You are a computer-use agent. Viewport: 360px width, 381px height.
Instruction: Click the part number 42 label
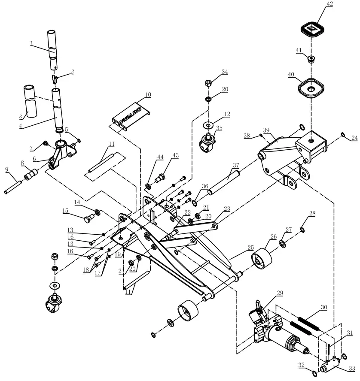[317, 4]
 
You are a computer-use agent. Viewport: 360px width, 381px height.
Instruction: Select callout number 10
[147, 94]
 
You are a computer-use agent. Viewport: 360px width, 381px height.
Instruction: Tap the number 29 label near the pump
[280, 293]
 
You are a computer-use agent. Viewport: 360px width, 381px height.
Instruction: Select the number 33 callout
[352, 369]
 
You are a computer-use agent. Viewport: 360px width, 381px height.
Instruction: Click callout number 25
[250, 248]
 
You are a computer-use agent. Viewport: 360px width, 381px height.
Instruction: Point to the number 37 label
[235, 165]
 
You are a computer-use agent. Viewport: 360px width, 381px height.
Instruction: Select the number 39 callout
[266, 130]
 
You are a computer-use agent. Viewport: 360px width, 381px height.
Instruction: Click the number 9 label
[7, 170]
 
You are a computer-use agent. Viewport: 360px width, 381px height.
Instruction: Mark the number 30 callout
[324, 308]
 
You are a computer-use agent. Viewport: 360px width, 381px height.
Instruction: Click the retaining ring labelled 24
[342, 135]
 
